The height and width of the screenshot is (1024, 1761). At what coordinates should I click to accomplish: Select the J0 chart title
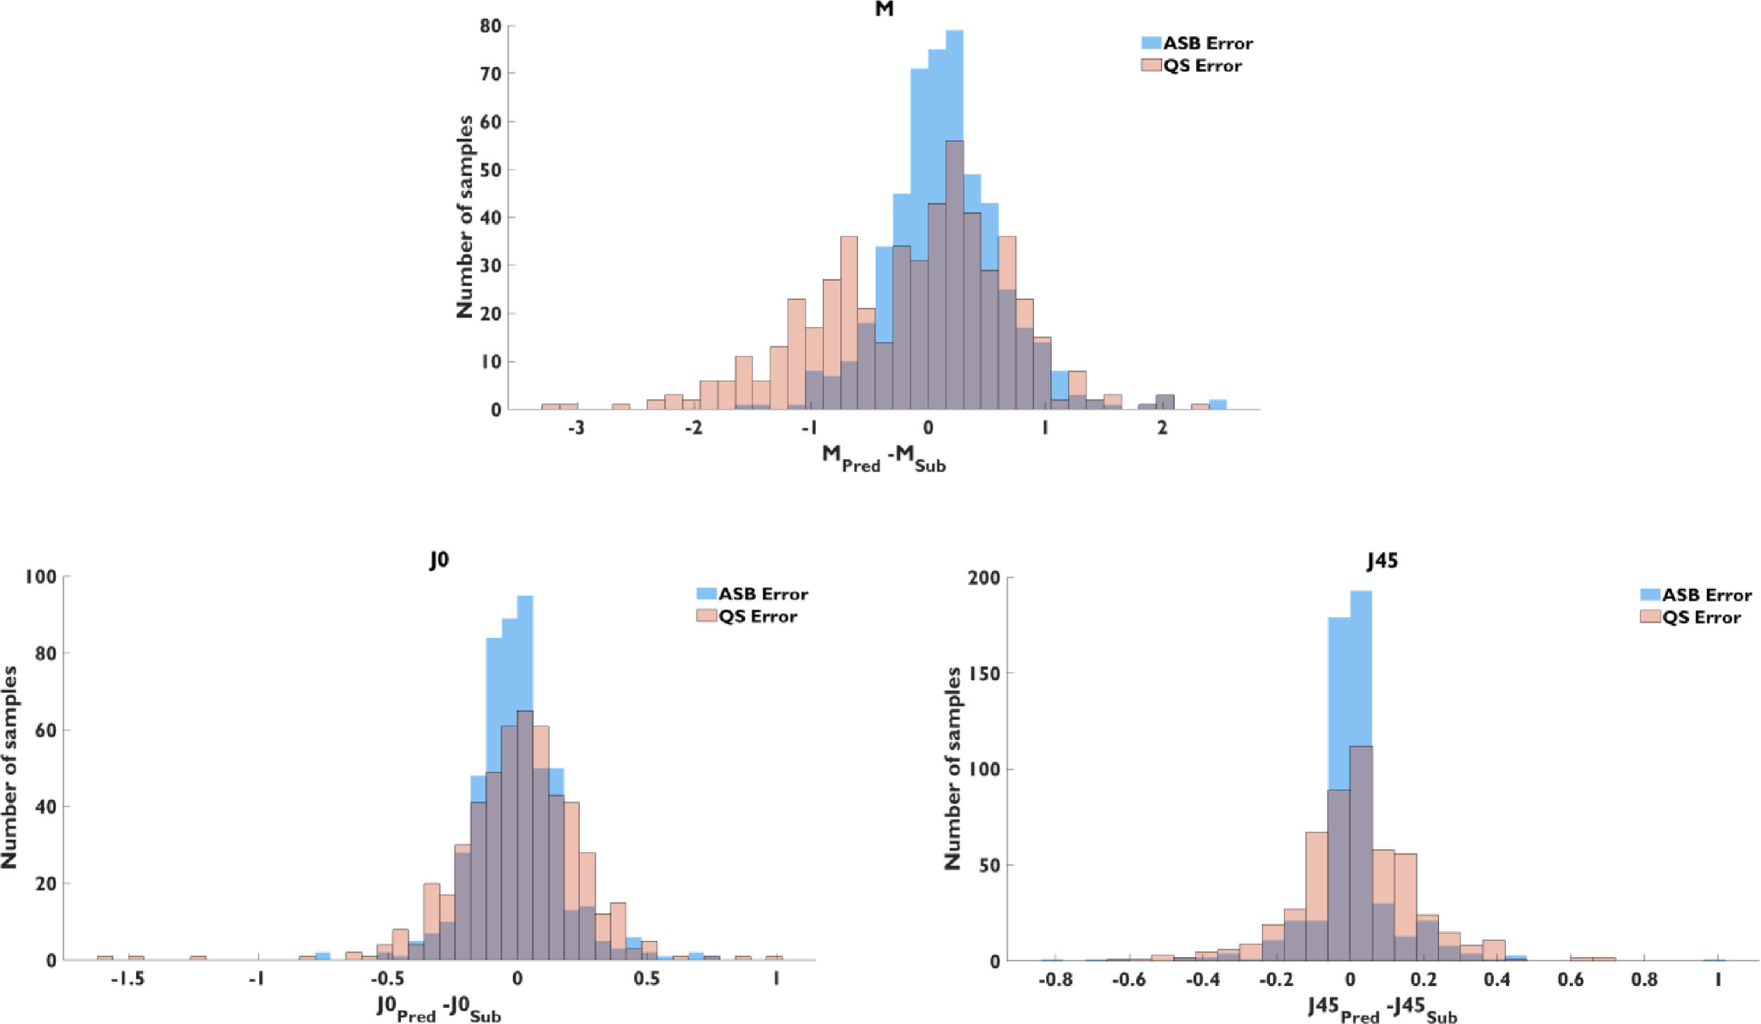439,561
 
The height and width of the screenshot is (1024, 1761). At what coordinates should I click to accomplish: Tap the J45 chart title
1381,561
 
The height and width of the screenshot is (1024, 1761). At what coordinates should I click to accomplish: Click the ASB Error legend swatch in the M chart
1151,43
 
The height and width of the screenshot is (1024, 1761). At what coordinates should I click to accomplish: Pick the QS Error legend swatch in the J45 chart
1650,618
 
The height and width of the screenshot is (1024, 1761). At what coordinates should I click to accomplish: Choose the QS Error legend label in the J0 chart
758,617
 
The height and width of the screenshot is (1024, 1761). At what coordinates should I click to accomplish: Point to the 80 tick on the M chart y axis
492,26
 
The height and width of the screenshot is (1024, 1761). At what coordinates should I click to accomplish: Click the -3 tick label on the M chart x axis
575,428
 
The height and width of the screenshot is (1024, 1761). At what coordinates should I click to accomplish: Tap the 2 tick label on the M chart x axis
1162,428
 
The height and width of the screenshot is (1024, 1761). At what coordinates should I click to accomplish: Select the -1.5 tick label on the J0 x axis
127,980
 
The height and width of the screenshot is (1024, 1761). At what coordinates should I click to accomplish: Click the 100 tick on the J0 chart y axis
41,577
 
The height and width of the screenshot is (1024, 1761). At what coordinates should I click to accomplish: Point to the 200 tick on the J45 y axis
983,578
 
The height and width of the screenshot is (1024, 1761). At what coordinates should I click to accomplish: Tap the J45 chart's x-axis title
1382,1009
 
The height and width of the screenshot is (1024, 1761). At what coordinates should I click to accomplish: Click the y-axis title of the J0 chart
10,768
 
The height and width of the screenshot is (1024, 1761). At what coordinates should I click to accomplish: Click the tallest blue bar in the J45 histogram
1361,775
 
